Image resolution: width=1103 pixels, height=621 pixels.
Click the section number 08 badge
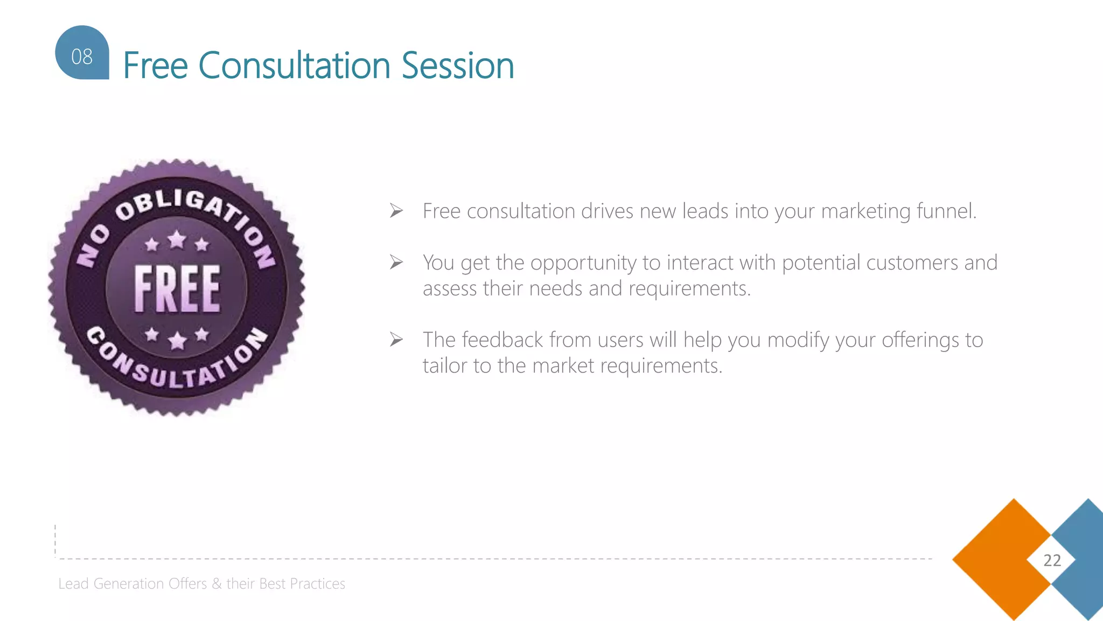click(82, 54)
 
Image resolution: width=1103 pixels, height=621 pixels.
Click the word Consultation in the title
click(295, 66)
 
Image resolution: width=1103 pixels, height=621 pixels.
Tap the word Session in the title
click(458, 66)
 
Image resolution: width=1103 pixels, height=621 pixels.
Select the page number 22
click(1052, 561)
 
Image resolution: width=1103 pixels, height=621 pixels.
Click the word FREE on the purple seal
click(177, 289)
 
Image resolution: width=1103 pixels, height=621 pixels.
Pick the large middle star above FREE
click(177, 239)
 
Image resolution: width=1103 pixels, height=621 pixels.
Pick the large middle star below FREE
click(177, 340)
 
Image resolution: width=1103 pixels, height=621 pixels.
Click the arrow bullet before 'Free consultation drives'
click(396, 211)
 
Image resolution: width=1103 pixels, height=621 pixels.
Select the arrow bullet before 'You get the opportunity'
click(396, 263)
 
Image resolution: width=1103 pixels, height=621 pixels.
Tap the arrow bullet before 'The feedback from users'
click(396, 340)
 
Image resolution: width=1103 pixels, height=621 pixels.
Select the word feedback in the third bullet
click(502, 340)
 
